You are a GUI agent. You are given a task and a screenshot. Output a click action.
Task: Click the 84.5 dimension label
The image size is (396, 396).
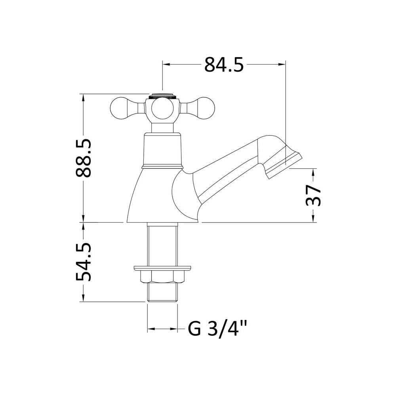[x=224, y=65]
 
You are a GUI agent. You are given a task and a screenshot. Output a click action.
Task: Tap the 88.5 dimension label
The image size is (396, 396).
[x=83, y=158]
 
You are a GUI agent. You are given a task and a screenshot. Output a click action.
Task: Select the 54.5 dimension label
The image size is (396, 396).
[x=83, y=262]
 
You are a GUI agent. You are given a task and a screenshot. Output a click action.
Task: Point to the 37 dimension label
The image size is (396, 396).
[x=313, y=195]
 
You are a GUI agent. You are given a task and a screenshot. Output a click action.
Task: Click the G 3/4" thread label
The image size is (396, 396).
[x=217, y=329]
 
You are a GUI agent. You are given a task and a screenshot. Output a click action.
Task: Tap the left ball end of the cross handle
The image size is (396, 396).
[x=120, y=108]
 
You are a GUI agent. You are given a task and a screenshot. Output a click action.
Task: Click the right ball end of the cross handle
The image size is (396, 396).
[x=205, y=108]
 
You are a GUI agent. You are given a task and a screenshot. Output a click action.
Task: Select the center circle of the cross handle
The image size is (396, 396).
[x=162, y=109]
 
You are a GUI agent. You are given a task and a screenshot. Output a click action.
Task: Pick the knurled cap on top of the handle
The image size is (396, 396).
[x=162, y=96]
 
